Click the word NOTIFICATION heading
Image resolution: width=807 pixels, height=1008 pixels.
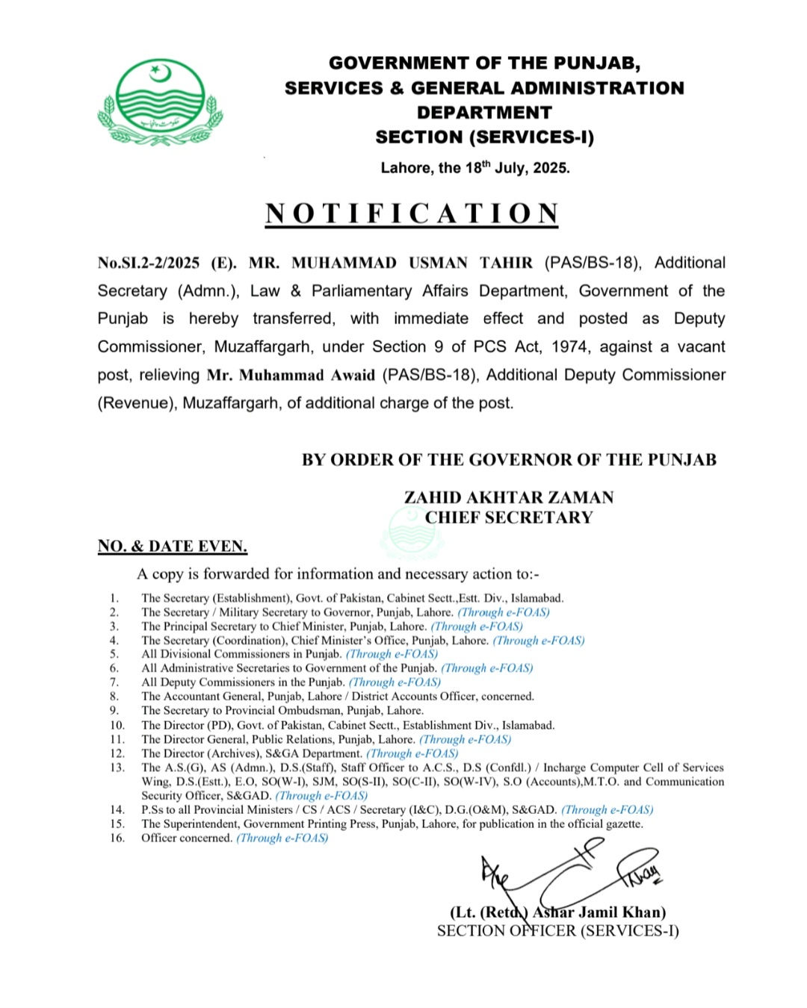[412, 214]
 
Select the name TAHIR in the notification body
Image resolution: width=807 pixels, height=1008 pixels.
[506, 263]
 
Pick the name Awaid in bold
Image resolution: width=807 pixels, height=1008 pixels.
[346, 375]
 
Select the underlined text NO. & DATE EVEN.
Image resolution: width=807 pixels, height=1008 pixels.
[173, 547]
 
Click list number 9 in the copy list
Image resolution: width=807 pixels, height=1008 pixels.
[114, 711]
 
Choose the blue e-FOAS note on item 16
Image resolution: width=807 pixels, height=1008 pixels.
[282, 839]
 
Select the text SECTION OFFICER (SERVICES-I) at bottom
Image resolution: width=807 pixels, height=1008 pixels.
[558, 931]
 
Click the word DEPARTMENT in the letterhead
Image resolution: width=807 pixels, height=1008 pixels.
[484, 113]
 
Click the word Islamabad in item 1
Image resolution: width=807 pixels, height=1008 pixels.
[537, 598]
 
